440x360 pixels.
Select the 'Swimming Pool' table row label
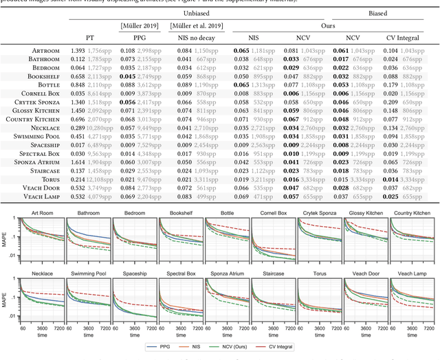[41, 137]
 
